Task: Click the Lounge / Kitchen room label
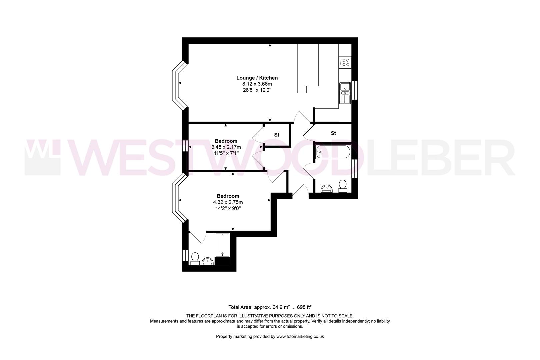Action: pos(257,78)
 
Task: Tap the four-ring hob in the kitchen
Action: pos(345,62)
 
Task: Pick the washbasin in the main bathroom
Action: pos(327,189)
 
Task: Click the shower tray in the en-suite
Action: pos(222,245)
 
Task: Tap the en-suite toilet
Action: pos(195,258)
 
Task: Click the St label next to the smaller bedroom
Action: pos(277,135)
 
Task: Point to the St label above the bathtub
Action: pos(333,133)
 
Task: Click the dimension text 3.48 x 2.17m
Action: pos(226,147)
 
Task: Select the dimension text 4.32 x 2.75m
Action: pos(228,202)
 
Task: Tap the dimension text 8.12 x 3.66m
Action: pos(257,84)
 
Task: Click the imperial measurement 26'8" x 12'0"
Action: pos(257,90)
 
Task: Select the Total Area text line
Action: pos(270,307)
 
